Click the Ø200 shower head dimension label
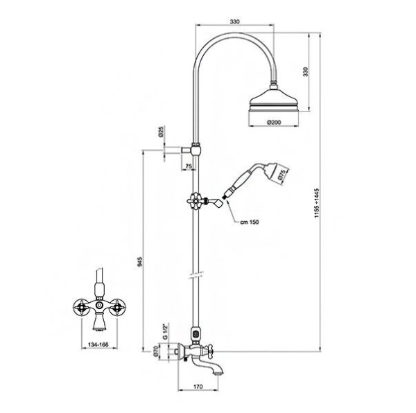pyautogui.click(x=274, y=123)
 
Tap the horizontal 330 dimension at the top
pyautogui.click(x=234, y=21)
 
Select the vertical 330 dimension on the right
pyautogui.click(x=306, y=72)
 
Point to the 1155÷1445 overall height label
pyautogui.click(x=317, y=203)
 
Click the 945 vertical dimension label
pyautogui.click(x=140, y=262)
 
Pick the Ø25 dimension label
pyautogui.click(x=161, y=132)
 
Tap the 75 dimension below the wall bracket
pyautogui.click(x=189, y=166)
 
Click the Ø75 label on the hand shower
pyautogui.click(x=282, y=175)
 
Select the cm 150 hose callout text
pyautogui.click(x=250, y=222)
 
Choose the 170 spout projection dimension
pyautogui.click(x=198, y=387)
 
